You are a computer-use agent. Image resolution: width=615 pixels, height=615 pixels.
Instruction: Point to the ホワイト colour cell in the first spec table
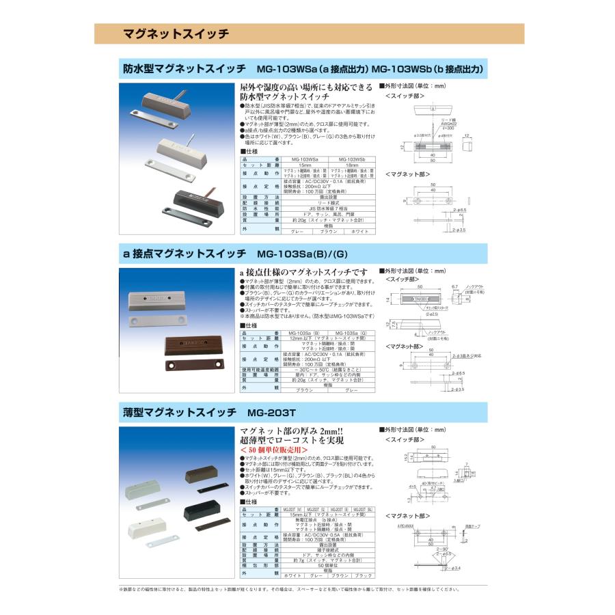354,232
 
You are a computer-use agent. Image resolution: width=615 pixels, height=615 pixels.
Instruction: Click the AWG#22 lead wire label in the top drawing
430,123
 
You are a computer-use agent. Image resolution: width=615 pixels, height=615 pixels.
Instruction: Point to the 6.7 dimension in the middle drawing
455,287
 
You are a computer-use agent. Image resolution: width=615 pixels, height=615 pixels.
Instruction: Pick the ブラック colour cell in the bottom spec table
362,576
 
